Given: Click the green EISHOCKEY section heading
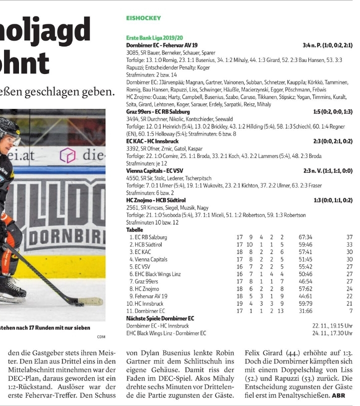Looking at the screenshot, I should pyautogui.click(x=143, y=18).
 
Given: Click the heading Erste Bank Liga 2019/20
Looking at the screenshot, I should pyautogui.click(x=154, y=38).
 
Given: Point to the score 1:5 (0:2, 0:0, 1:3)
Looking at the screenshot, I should pyautogui.click(x=332, y=112).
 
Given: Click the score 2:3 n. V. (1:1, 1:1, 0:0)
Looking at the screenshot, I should pyautogui.click(x=328, y=170).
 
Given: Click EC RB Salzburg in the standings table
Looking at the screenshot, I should pyautogui.click(x=150, y=237).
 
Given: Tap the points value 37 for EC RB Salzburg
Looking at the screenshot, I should pyautogui.click(x=349, y=237).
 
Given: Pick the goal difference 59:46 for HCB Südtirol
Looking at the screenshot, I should pyautogui.click(x=305, y=244).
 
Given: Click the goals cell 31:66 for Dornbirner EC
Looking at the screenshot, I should pyautogui.click(x=305, y=311).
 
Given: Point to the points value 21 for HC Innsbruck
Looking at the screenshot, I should pyautogui.click(x=349, y=303).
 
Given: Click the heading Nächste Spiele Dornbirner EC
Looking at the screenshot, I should pyautogui.click(x=160, y=318).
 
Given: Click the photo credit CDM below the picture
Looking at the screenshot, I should pyautogui.click(x=101, y=336).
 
